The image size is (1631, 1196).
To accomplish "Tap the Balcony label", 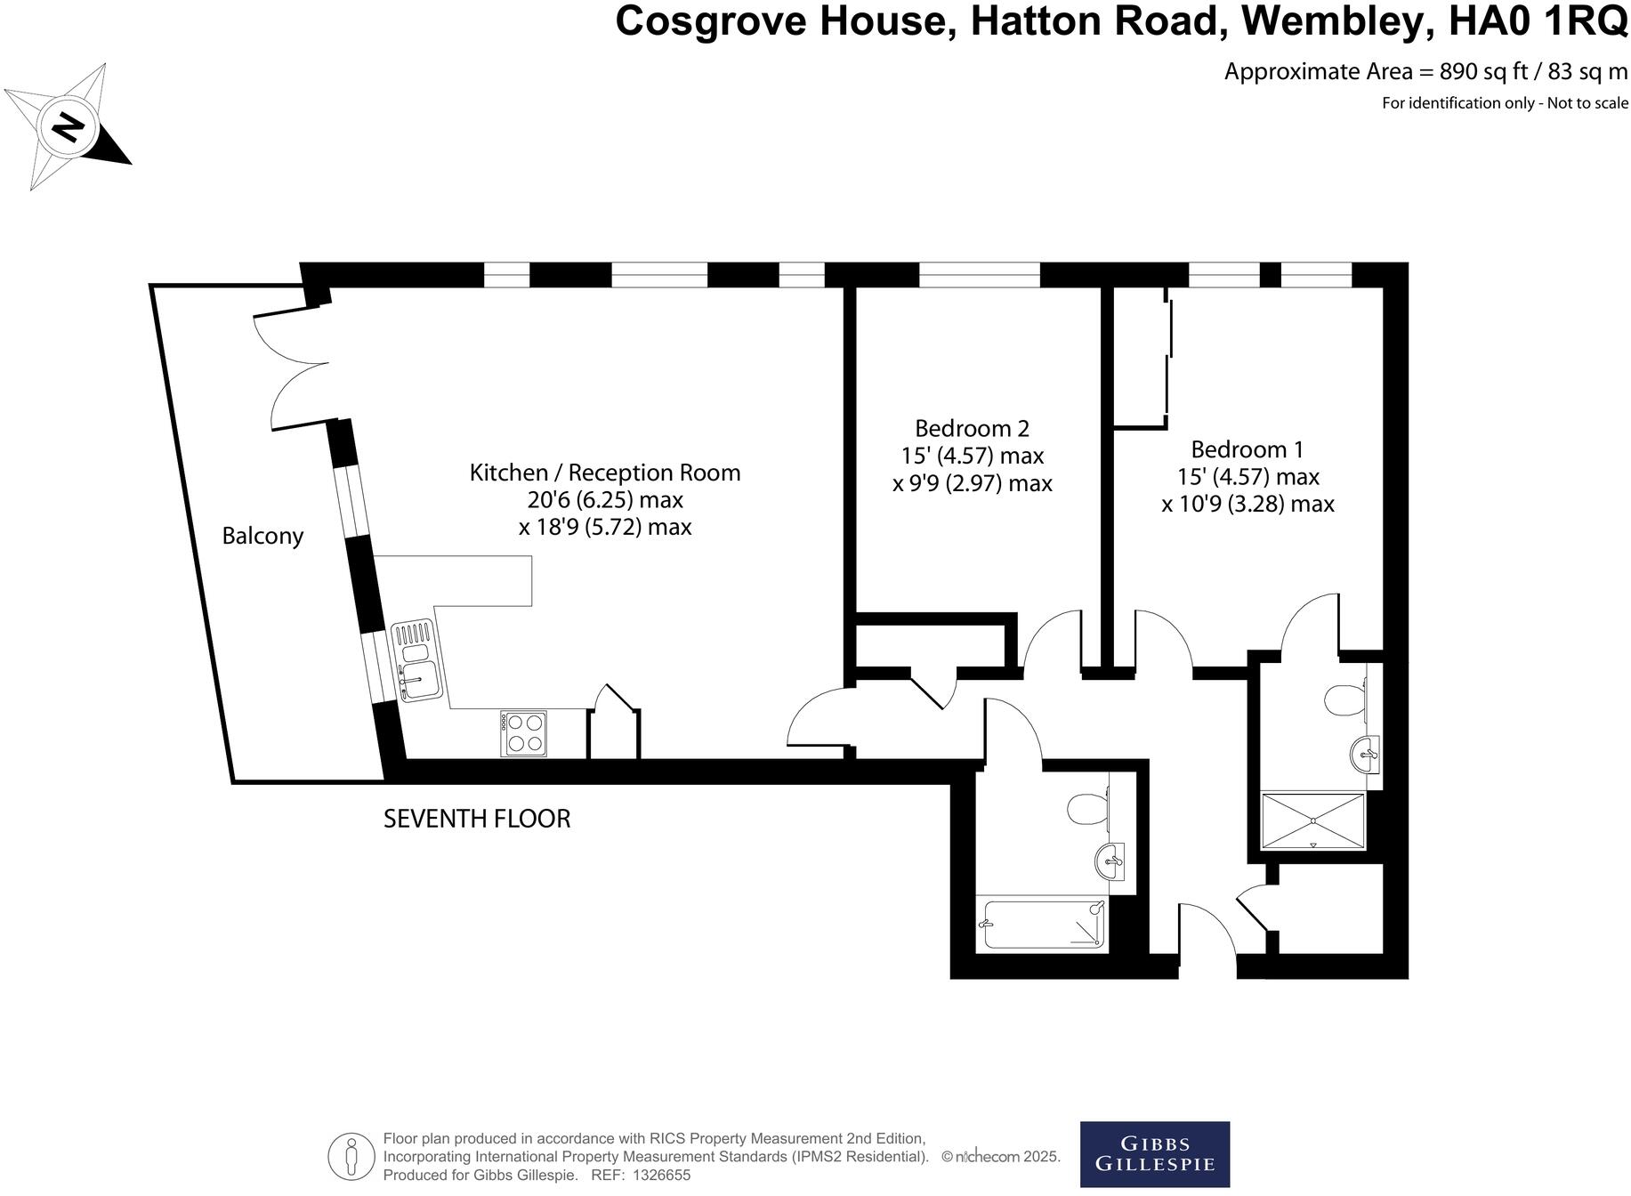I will pyautogui.click(x=262, y=536).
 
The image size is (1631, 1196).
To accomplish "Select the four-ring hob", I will pyautogui.click(x=523, y=734).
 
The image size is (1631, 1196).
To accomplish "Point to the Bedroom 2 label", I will pyautogui.click(x=972, y=428).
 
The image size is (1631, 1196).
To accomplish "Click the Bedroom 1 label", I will pyautogui.click(x=1247, y=449).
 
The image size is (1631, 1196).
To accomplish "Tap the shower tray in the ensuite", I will pyautogui.click(x=1313, y=820).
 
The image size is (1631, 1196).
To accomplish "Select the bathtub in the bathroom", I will pyautogui.click(x=1042, y=925).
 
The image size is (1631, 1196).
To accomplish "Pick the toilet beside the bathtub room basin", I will pyautogui.click(x=1086, y=809).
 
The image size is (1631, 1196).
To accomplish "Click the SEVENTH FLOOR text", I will pyautogui.click(x=477, y=819).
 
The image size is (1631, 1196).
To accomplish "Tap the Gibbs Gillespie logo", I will pyautogui.click(x=1154, y=1154).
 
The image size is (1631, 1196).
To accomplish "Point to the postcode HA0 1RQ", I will pyautogui.click(x=1538, y=21).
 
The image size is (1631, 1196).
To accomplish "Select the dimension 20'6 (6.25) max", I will pyautogui.click(x=605, y=499).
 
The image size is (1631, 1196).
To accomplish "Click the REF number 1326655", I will pyautogui.click(x=661, y=1176).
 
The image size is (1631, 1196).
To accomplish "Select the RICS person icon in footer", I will pyautogui.click(x=351, y=1156).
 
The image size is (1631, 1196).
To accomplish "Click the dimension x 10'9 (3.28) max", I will pyautogui.click(x=1247, y=505).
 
